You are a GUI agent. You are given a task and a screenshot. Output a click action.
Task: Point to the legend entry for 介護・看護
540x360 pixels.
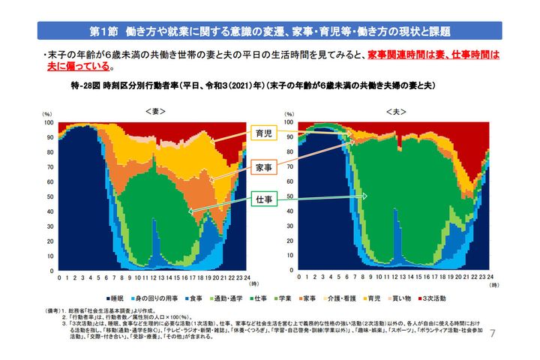tap(337, 298)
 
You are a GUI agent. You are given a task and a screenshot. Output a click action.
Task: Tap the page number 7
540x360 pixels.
tap(493, 332)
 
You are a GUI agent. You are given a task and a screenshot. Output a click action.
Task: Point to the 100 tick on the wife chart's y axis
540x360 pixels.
tap(49, 121)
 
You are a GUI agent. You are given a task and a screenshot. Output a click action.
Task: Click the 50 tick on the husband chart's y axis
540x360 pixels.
tap(290, 196)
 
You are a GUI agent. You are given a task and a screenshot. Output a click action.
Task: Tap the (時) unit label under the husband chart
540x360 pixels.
tap(484, 285)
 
